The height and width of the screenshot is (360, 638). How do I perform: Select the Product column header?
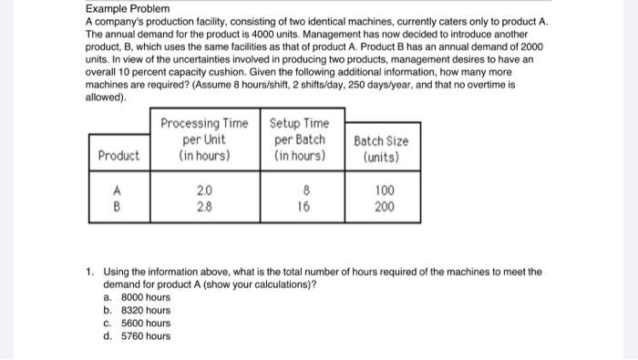tap(119, 155)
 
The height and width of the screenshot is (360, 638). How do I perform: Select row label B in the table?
tap(115, 207)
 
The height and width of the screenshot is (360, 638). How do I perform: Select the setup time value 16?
tap(305, 207)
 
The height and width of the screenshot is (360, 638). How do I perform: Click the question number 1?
tap(89, 271)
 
